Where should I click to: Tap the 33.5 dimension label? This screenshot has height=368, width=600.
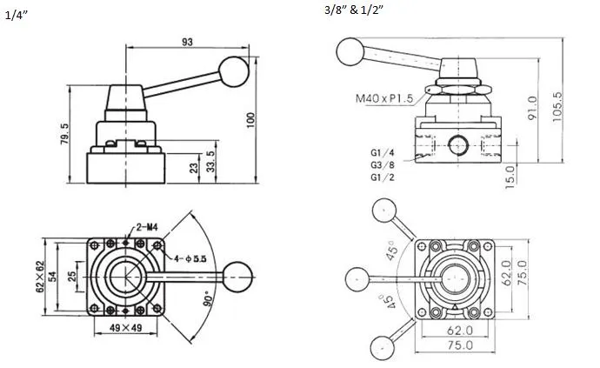click(x=210, y=162)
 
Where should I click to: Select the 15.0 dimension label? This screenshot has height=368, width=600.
click(x=511, y=174)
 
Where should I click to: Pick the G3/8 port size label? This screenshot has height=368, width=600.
click(x=383, y=165)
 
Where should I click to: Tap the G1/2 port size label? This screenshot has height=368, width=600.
click(x=383, y=177)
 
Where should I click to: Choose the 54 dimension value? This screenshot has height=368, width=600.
click(x=53, y=276)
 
